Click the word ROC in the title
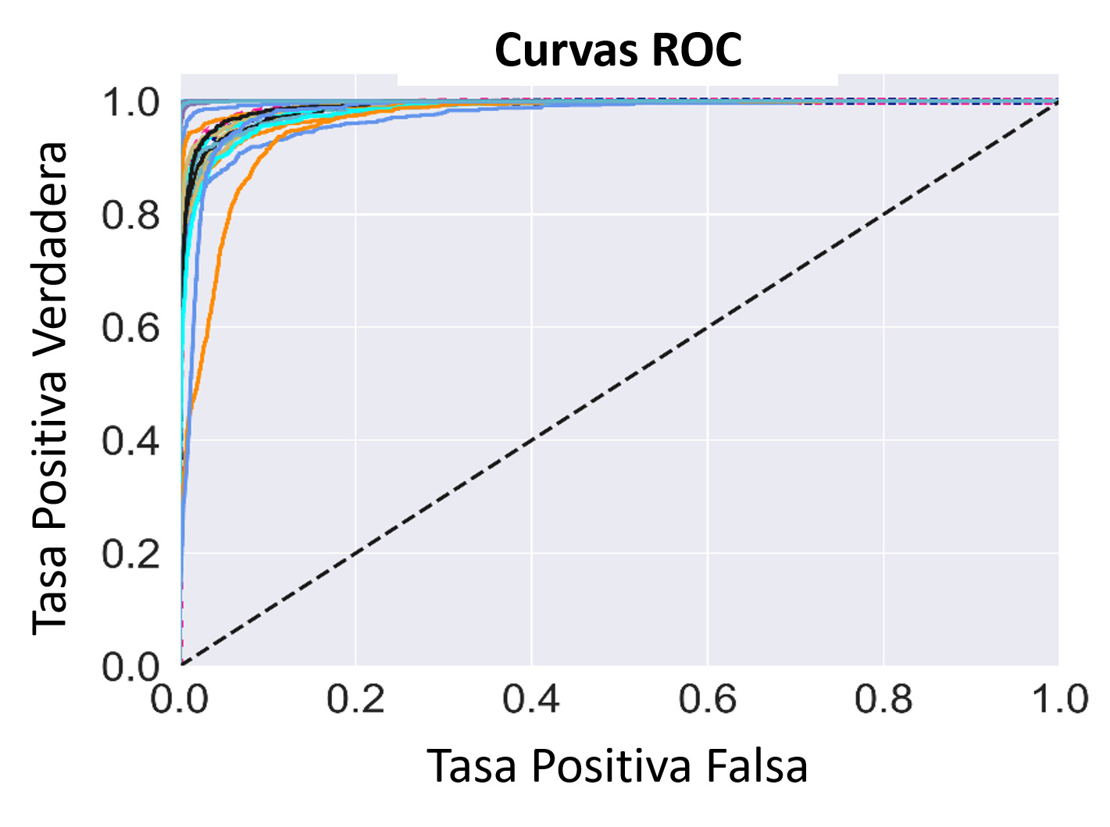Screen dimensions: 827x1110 point(697,51)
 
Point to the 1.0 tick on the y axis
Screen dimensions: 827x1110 point(131,102)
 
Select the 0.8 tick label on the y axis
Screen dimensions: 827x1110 point(131,216)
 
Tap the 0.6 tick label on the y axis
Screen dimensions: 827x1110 point(131,329)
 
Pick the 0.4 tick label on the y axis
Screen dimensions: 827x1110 point(131,442)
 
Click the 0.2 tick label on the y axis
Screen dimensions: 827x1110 point(131,554)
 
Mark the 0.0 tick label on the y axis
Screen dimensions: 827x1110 point(131,668)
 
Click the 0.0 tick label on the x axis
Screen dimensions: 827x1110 point(180,699)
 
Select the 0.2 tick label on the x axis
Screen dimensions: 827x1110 point(355,699)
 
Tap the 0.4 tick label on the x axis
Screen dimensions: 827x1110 point(531,699)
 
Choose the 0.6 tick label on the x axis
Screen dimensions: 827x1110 point(707,699)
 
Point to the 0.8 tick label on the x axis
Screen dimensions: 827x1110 point(883,699)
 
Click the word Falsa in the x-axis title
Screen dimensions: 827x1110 point(757,766)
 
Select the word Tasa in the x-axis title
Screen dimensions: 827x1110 point(472,766)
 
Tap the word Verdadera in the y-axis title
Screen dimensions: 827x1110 point(50,257)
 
